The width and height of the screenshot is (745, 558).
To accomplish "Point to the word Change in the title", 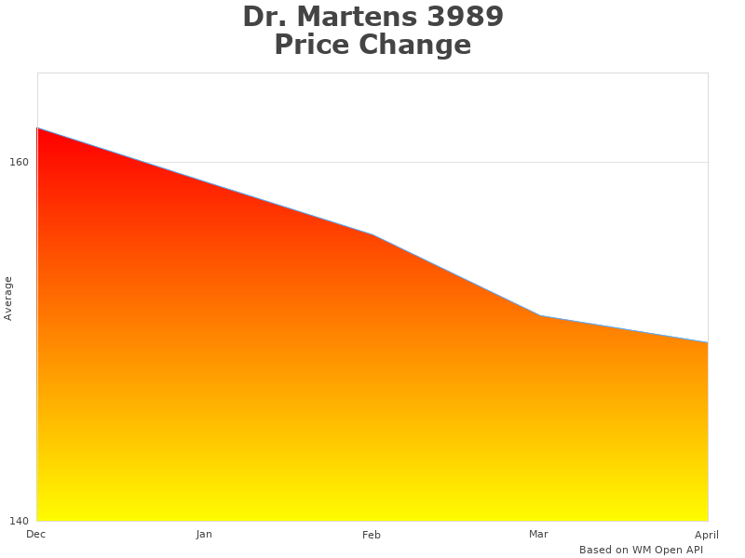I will (419, 45).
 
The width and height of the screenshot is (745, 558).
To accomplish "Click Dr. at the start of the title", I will (264, 17).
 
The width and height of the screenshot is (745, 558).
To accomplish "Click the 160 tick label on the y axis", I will (19, 162).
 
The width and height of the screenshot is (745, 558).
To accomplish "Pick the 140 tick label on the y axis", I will (19, 520).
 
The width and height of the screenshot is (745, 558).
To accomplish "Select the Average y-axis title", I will (8, 298).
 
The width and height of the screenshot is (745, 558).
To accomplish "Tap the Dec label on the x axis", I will (35, 534).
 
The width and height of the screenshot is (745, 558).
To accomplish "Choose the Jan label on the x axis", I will (204, 534).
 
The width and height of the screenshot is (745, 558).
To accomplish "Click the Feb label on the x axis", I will (372, 535).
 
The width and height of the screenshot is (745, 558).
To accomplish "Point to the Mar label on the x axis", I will (538, 534).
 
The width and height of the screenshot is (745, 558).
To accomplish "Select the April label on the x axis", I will (707, 535).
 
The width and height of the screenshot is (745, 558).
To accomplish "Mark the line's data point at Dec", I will (37, 128).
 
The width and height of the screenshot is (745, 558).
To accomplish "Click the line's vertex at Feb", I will (372, 234).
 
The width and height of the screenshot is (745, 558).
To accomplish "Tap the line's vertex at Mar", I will (540, 316).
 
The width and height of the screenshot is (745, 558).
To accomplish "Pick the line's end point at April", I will (708, 343).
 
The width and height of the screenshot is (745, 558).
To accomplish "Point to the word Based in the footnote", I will (595, 550).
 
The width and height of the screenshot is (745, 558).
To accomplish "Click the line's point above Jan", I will (205, 181).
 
